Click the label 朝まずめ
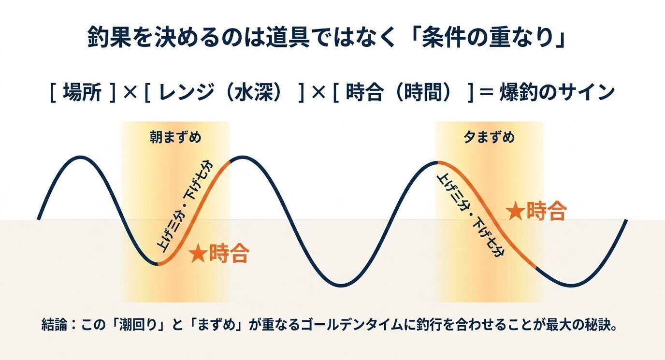(x=175, y=138)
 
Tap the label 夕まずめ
(x=489, y=138)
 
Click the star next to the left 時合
(x=197, y=254)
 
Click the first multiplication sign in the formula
(x=129, y=92)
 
